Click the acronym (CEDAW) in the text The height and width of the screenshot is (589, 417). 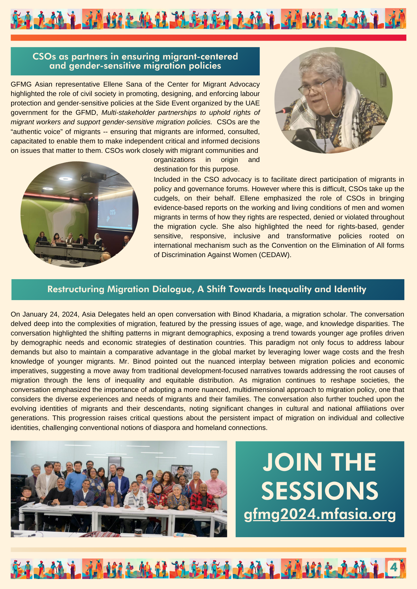pos(275,255)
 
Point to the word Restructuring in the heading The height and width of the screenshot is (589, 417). pos(76,289)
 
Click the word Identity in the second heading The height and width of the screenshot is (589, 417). pos(350,289)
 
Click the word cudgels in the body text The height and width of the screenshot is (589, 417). pos(166,198)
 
